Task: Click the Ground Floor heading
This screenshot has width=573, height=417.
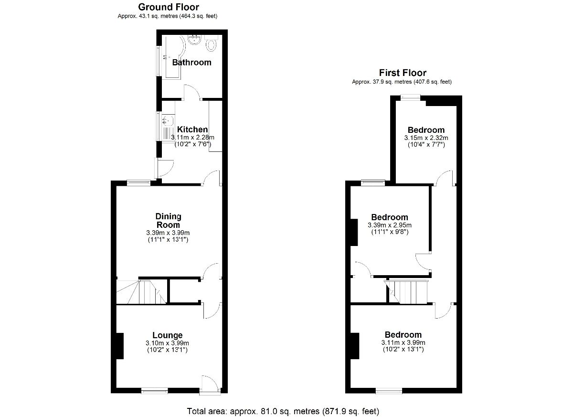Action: [169, 7]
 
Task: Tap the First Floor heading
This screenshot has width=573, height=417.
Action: [403, 73]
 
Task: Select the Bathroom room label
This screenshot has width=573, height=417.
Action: [191, 63]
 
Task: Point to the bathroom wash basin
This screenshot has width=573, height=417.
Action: [195, 40]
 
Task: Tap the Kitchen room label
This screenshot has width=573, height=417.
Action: [192, 129]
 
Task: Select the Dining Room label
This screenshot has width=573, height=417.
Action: [168, 221]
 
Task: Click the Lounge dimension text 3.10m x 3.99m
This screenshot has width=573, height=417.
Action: [167, 343]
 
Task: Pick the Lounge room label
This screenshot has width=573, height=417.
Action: [168, 335]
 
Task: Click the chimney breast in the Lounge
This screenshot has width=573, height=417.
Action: [120, 346]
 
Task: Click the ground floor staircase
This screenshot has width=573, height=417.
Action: [141, 292]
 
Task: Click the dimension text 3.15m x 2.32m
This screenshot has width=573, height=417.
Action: [426, 138]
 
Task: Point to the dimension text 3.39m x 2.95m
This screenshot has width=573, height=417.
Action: [390, 225]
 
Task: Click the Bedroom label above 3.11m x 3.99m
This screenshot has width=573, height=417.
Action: [403, 335]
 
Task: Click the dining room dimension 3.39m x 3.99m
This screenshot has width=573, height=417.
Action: [168, 233]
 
